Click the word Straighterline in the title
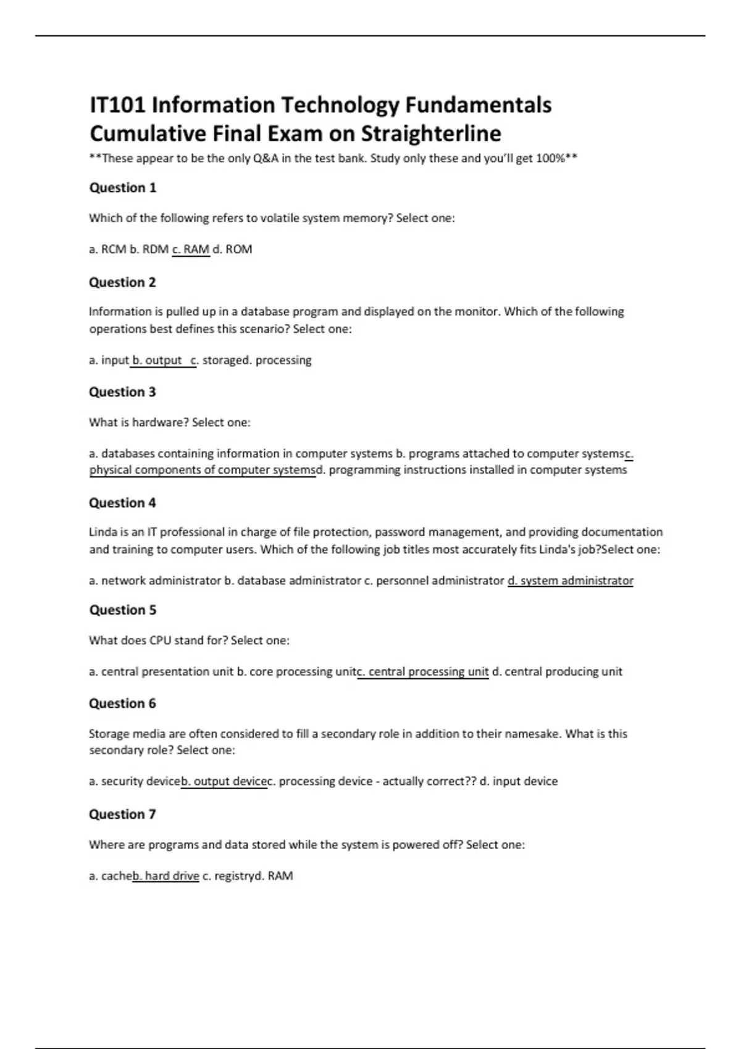[430, 133]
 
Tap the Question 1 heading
[123, 188]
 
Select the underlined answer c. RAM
[191, 249]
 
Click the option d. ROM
[232, 249]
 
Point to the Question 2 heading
[122, 283]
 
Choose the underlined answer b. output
[158, 360]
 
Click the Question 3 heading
[122, 392]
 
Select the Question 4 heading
[122, 503]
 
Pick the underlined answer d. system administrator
[570, 581]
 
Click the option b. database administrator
[292, 581]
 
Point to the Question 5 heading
[123, 610]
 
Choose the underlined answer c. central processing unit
[424, 671]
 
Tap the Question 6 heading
[122, 703]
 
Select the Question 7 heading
[122, 815]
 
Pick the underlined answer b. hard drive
[166, 876]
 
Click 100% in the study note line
[550, 159]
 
